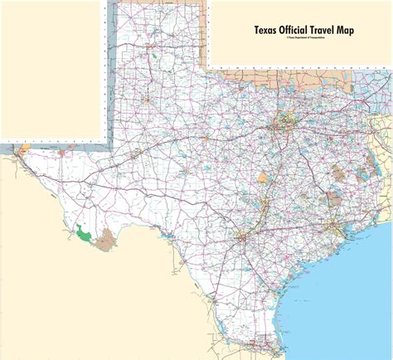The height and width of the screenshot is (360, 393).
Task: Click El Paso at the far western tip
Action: pyautogui.click(x=16, y=153)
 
